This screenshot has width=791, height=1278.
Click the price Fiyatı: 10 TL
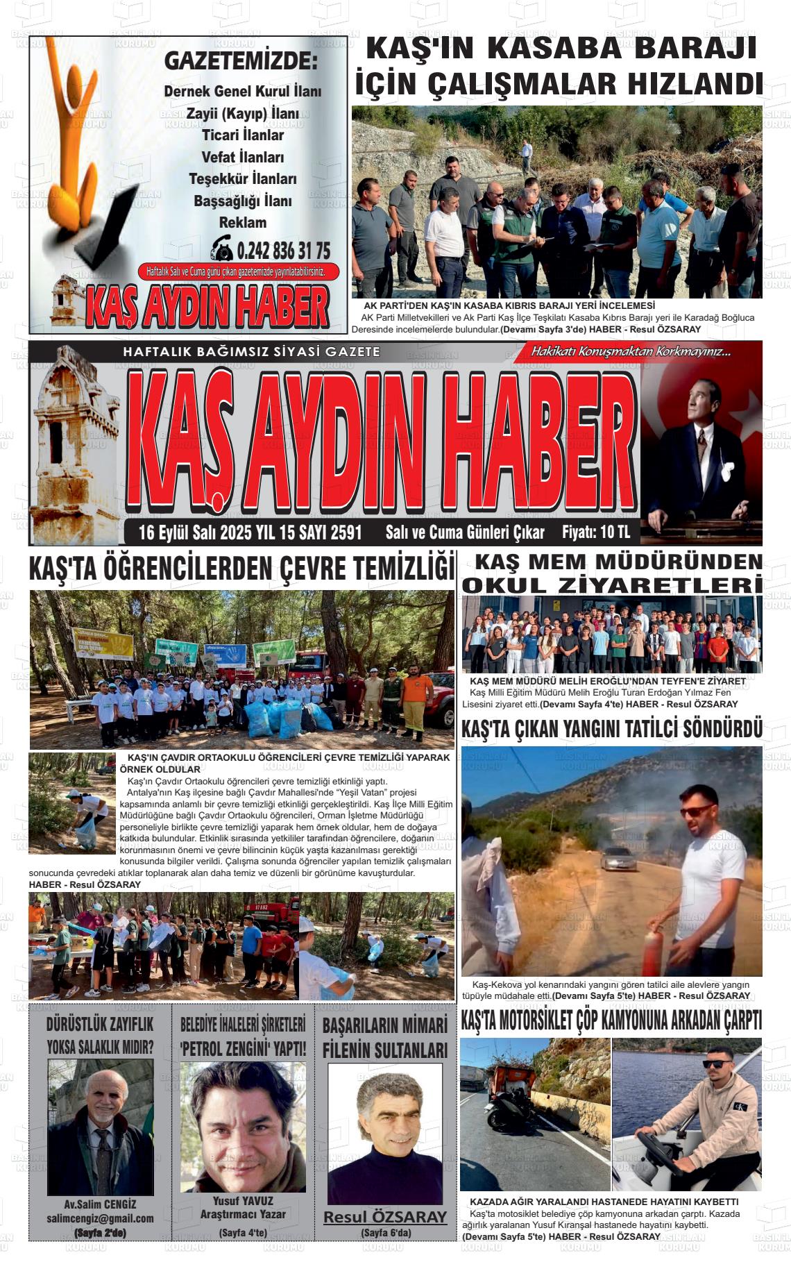pos(595,532)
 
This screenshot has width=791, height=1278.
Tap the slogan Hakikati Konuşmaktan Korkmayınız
pos(631,352)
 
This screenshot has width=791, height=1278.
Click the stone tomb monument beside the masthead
pos(69,437)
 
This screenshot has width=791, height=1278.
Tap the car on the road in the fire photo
pos(618,859)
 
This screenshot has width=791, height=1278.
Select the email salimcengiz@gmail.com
pos(100,1218)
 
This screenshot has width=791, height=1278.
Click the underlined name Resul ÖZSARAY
pos(385,1217)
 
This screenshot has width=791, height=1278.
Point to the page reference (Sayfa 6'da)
pos(385,1232)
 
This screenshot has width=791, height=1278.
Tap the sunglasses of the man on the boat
pos(716,1063)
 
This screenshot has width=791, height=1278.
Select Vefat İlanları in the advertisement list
pos(243,157)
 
